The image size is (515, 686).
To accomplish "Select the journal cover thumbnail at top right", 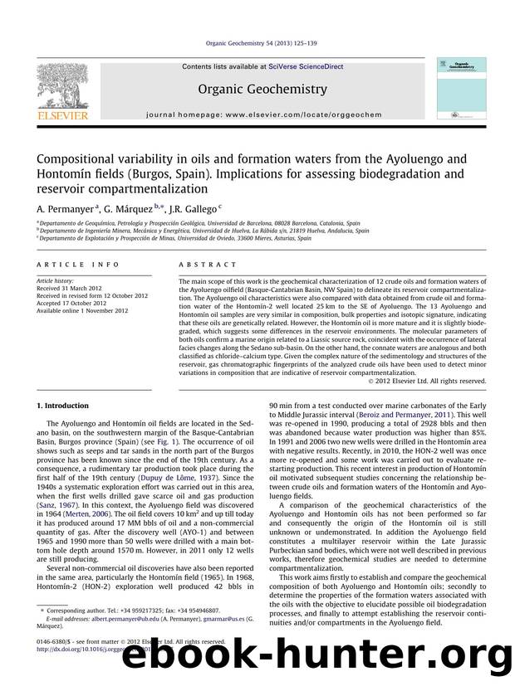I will click(457, 91).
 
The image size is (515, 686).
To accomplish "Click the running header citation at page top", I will click(257, 46).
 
